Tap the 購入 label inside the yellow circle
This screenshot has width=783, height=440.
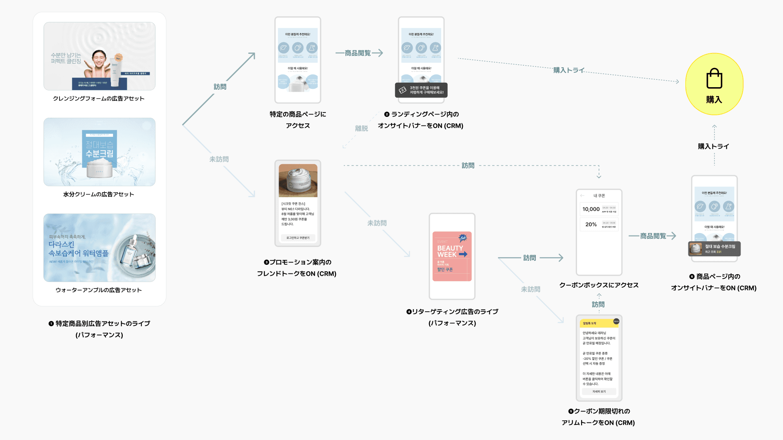click(x=714, y=100)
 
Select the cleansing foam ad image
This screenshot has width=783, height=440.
click(x=100, y=56)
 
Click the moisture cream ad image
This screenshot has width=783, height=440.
click(x=100, y=152)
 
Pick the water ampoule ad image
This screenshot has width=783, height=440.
click(x=100, y=248)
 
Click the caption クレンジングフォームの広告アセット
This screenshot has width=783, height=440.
click(x=99, y=99)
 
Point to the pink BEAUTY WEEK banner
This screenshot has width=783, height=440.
click(x=452, y=256)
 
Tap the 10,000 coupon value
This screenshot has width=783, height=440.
click(x=591, y=209)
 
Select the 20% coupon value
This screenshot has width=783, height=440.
click(x=591, y=224)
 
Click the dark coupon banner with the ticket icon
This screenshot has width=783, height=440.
click(x=421, y=90)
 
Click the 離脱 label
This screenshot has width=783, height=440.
click(x=361, y=129)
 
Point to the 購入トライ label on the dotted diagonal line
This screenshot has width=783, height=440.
click(x=568, y=70)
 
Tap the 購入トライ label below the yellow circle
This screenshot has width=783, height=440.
click(x=714, y=147)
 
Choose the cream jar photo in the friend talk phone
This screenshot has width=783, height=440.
click(x=298, y=180)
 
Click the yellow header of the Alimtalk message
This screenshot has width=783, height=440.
click(x=599, y=323)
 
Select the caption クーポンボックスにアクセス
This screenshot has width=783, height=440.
click(x=599, y=285)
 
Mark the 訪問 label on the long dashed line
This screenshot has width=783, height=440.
click(x=468, y=166)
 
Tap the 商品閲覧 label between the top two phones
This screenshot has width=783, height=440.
click(x=358, y=53)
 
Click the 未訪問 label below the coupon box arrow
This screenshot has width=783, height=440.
click(x=531, y=289)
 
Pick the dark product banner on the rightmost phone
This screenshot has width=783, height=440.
click(x=714, y=249)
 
